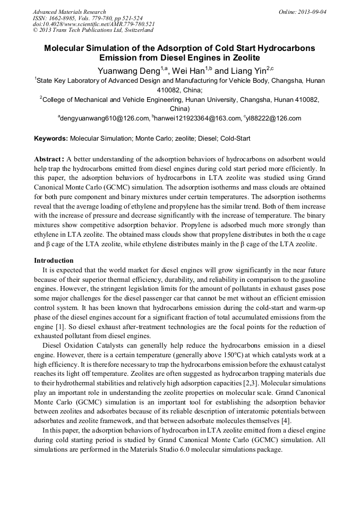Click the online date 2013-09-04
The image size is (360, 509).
311,12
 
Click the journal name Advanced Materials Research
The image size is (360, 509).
69,12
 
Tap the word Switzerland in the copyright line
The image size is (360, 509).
133,31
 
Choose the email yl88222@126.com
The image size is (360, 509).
273,118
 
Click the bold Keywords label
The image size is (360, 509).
51,139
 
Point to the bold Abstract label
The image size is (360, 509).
49,159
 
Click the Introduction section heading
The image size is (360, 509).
54,261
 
